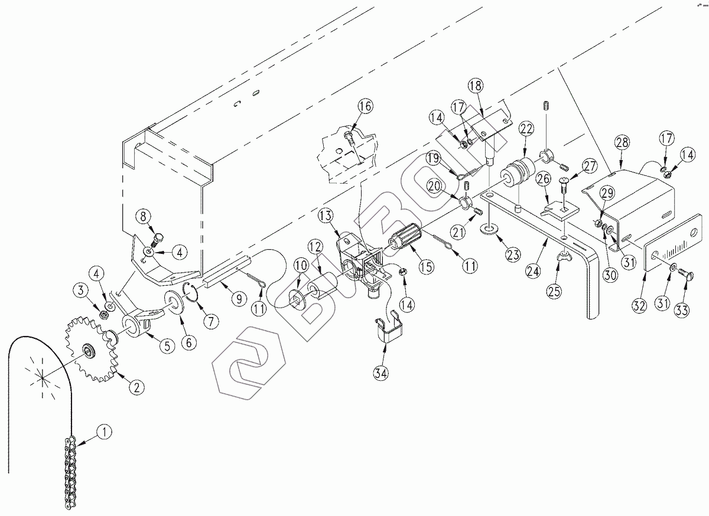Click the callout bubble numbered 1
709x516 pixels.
[103, 432]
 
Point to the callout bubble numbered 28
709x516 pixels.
[622, 142]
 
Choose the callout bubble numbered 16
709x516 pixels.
[365, 107]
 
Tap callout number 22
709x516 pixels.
[526, 129]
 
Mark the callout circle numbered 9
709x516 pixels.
[238, 299]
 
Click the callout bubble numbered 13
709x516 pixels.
[326, 215]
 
